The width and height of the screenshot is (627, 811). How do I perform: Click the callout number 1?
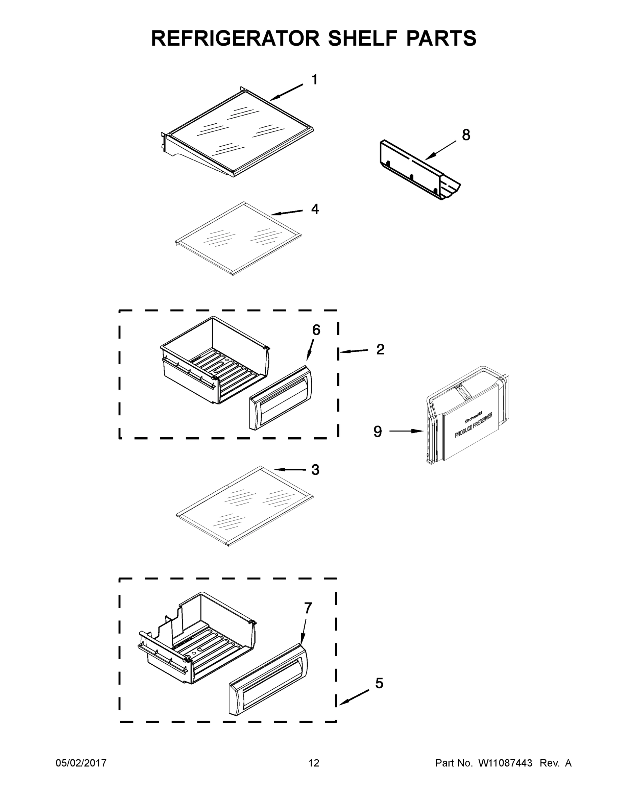[314, 79]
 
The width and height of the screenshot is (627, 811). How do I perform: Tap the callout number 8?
[466, 135]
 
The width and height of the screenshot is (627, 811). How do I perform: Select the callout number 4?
[315, 209]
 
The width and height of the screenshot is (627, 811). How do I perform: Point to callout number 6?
[316, 330]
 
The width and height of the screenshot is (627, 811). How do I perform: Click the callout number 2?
[380, 349]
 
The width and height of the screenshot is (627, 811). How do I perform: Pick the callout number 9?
[378, 432]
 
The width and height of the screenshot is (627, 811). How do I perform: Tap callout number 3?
[315, 470]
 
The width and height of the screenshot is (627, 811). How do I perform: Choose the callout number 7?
[308, 608]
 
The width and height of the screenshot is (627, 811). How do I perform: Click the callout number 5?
[379, 683]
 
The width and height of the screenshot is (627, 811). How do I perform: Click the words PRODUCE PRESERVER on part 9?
[473, 425]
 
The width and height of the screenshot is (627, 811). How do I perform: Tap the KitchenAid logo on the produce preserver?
[473, 417]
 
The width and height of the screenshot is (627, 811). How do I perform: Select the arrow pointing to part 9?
[406, 431]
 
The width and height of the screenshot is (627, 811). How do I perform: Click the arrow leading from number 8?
[440, 150]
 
